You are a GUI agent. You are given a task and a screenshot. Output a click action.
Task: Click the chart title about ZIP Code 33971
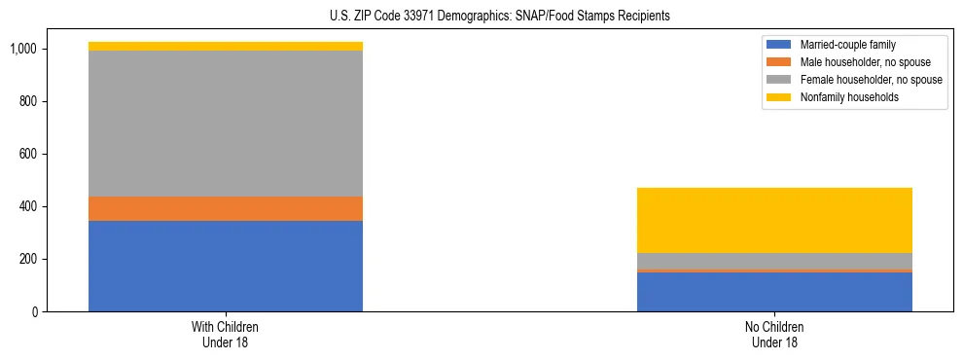pos(481,17)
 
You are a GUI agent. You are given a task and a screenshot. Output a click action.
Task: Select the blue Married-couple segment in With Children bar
pos(226,266)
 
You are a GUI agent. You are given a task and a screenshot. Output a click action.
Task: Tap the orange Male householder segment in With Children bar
pos(226,208)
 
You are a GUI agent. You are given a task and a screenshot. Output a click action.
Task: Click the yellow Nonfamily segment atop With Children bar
pos(226,46)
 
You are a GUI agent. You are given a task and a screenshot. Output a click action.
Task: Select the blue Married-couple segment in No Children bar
pos(774,292)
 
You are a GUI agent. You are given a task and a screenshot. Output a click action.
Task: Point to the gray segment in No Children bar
pos(774,261)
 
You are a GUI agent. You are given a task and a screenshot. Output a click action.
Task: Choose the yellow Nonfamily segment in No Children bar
pos(774,220)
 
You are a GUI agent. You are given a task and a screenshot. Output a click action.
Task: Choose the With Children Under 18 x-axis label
pos(226,334)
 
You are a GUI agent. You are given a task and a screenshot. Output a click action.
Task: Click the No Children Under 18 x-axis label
pos(774,334)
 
